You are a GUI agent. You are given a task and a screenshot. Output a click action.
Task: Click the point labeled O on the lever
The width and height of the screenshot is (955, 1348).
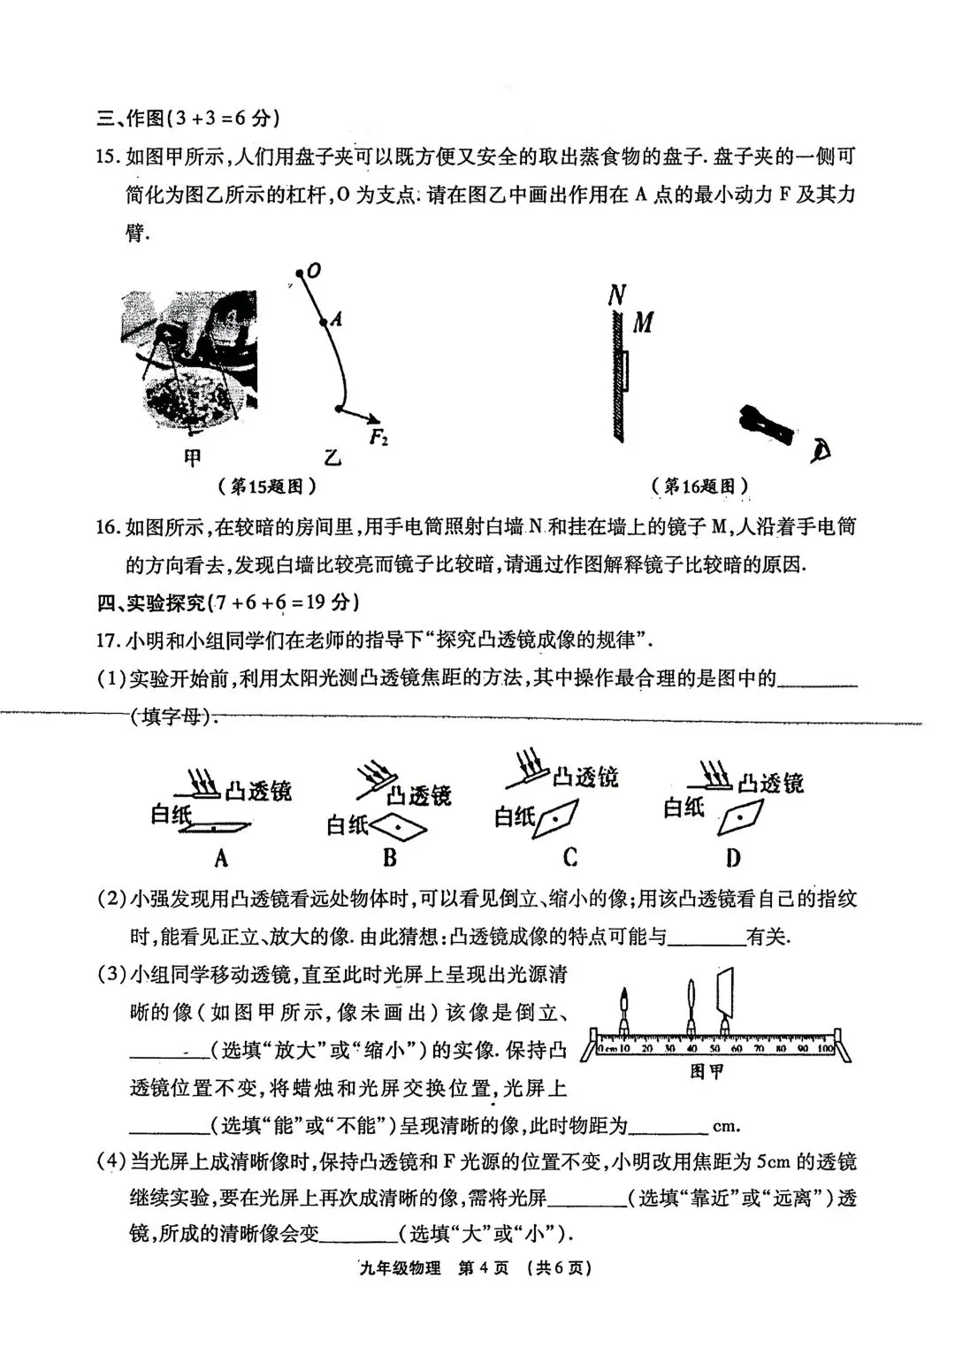[302, 272]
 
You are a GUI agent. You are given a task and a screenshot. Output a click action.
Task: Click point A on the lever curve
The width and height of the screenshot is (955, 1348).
[324, 320]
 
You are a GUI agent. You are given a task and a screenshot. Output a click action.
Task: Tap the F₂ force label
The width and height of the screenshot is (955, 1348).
[379, 437]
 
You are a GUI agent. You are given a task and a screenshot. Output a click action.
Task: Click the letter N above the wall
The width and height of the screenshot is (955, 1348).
[616, 295]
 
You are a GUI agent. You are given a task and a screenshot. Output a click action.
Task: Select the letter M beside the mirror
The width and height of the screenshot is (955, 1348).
[643, 323]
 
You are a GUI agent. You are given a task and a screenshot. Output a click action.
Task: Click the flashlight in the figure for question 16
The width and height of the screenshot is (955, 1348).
[766, 425]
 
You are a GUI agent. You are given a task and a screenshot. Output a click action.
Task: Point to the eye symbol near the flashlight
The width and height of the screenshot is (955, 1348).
[821, 452]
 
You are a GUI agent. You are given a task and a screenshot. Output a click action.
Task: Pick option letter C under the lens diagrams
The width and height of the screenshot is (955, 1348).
[570, 856]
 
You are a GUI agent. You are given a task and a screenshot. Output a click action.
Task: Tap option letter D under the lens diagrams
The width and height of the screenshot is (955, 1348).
[732, 857]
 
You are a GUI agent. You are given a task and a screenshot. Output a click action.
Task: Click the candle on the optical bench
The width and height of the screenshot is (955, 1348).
[624, 1012]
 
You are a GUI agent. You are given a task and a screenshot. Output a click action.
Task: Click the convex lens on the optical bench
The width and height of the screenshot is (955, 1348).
[691, 1006]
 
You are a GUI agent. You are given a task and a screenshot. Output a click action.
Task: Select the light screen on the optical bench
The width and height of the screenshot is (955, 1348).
[727, 1000]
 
